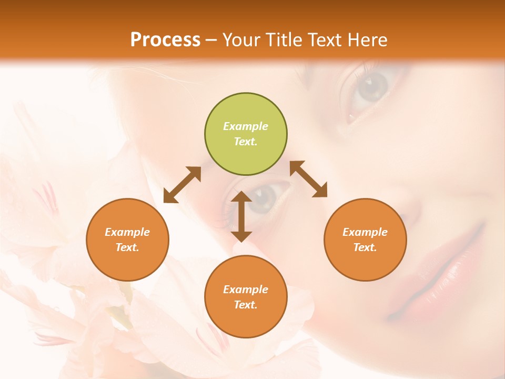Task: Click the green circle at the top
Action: [246, 134]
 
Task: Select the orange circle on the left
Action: [127, 240]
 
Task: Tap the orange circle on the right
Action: [365, 240]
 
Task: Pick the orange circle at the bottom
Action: [246, 297]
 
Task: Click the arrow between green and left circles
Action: [182, 185]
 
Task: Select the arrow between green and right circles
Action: [309, 179]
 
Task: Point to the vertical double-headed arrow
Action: [241, 216]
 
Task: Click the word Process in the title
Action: [165, 39]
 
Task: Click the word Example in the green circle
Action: [246, 126]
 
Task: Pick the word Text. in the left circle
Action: [127, 247]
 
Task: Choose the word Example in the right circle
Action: [365, 232]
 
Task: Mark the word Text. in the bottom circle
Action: [246, 305]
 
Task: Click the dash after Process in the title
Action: [211, 40]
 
